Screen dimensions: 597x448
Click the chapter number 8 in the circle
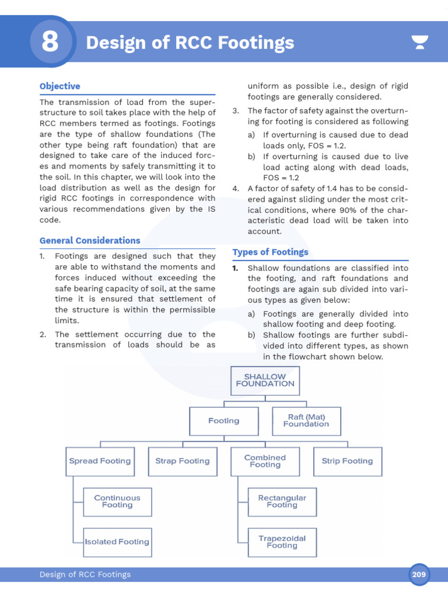[x=50, y=43]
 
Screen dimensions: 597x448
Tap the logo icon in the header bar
[x=419, y=43]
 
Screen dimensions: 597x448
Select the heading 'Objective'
[x=60, y=86]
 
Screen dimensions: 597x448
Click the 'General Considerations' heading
[x=90, y=240]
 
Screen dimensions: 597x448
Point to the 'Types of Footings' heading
[x=270, y=252]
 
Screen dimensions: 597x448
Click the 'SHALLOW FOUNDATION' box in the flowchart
[x=265, y=381]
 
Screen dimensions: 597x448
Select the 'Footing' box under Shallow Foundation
[x=224, y=421]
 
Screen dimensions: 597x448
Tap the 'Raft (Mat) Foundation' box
[x=306, y=421]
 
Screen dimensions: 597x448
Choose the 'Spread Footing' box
[x=100, y=461]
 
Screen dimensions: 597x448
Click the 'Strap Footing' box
[x=183, y=461]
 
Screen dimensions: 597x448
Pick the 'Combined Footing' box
[x=265, y=461]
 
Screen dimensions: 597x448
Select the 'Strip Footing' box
[x=348, y=461]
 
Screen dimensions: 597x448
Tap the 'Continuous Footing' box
[x=117, y=502]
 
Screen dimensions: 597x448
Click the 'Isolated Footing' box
[x=117, y=542]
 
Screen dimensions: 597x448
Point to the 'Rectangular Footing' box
[x=282, y=502]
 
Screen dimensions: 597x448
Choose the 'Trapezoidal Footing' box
[x=282, y=542]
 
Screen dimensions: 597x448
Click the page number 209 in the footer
[x=419, y=575]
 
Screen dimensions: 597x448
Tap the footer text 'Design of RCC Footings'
[x=85, y=575]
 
